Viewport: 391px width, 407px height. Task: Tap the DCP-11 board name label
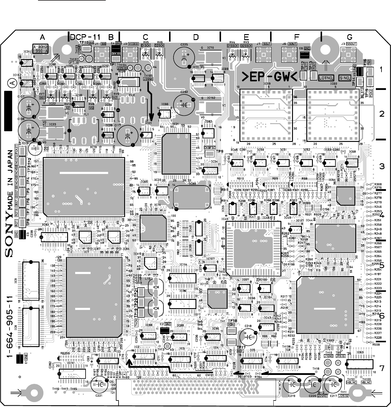(85, 37)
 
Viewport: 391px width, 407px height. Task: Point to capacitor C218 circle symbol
(249, 336)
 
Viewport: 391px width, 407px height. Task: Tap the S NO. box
(345, 78)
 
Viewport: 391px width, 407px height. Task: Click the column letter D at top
(195, 37)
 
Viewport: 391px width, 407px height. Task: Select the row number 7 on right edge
(382, 368)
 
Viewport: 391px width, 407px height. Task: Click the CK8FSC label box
(209, 148)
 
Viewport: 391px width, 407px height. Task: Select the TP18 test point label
(232, 321)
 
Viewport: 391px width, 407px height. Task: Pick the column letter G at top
(349, 37)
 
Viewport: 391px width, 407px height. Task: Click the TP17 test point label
(241, 347)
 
